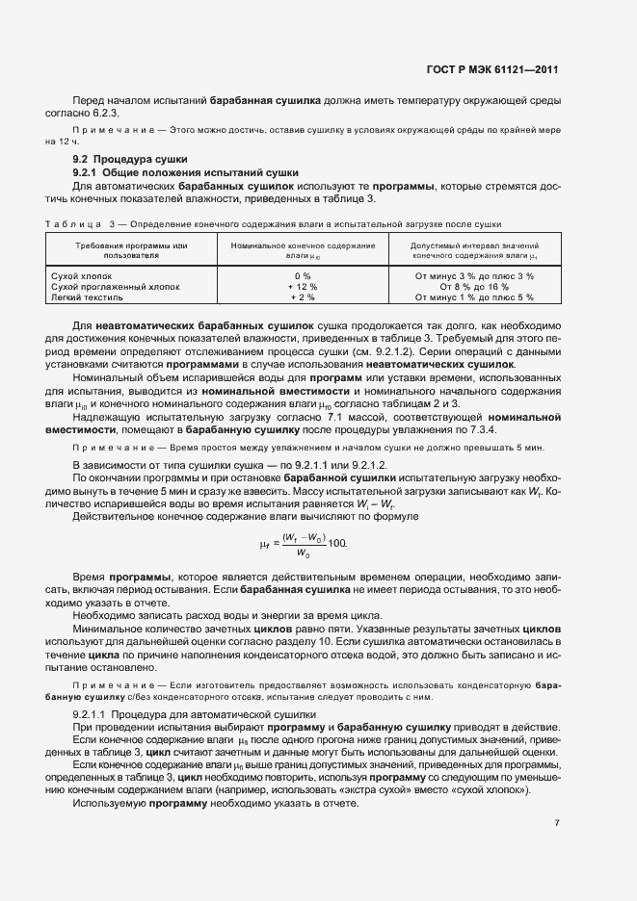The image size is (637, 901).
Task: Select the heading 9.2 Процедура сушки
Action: (x=130, y=158)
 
